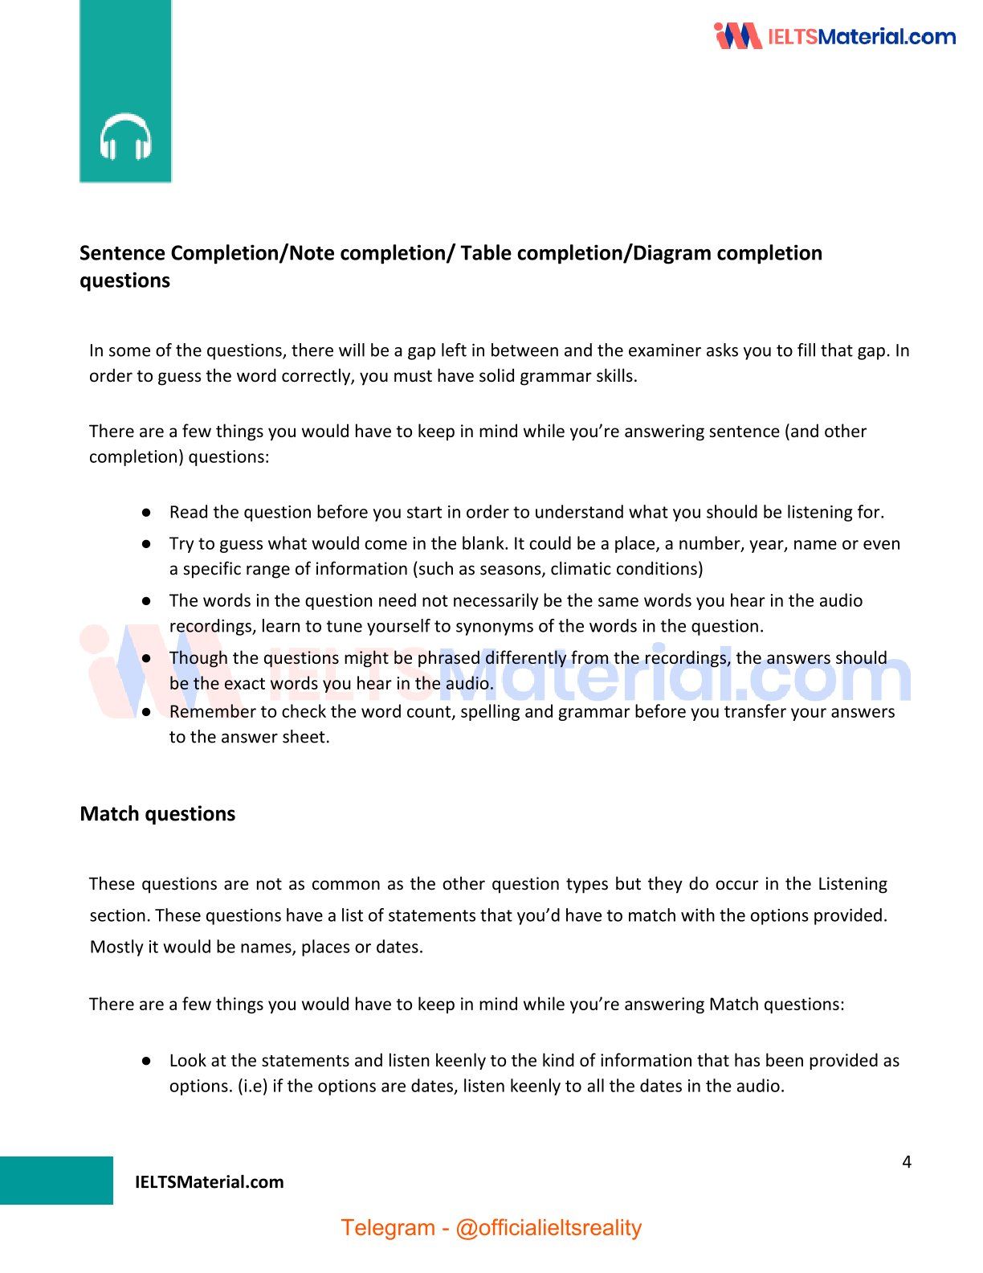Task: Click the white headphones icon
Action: (126, 137)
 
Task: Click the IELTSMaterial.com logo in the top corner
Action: (834, 36)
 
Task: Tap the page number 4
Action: (907, 1161)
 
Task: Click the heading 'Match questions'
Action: (157, 813)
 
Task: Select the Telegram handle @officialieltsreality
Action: (549, 1227)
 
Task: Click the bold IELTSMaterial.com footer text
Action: (209, 1181)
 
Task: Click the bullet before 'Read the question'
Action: (147, 512)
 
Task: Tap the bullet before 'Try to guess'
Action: (147, 543)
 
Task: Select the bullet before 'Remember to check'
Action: (147, 711)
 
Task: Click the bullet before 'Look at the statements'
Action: (147, 1060)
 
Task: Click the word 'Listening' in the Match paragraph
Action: (852, 884)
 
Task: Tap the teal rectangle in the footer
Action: (56, 1180)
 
